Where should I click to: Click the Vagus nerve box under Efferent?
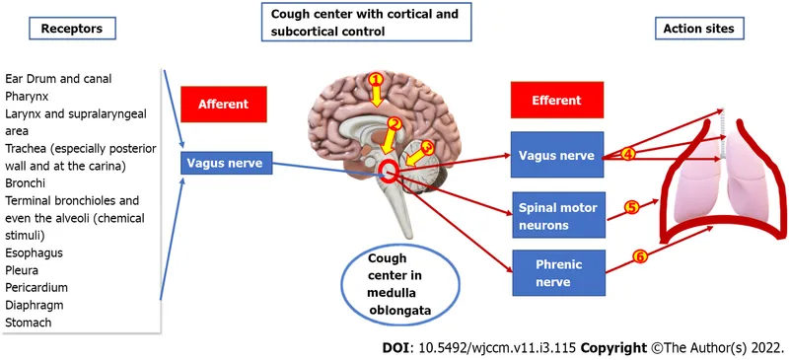pyautogui.click(x=555, y=156)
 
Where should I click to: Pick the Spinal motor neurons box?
pyautogui.click(x=555, y=217)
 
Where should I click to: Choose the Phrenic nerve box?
pyautogui.click(x=555, y=273)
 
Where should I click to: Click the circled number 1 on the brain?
pyautogui.click(x=375, y=78)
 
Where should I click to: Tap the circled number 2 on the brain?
pyautogui.click(x=394, y=124)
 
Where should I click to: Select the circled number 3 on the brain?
pyautogui.click(x=426, y=147)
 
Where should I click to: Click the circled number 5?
pyautogui.click(x=633, y=207)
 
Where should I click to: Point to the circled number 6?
pyautogui.click(x=639, y=256)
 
